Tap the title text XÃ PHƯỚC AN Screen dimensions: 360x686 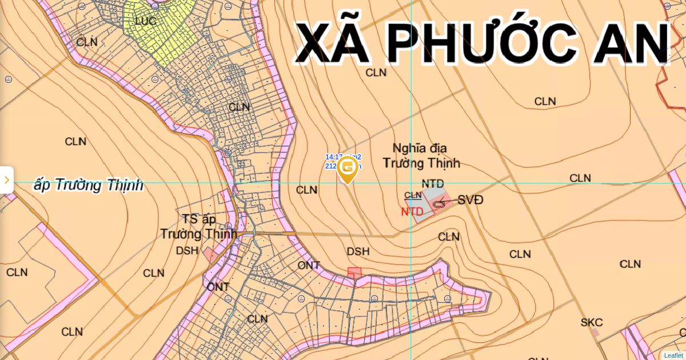pyautogui.click(x=482, y=43)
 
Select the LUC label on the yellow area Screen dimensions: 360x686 pyautogui.click(x=145, y=21)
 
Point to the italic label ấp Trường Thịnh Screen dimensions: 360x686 pyautogui.click(x=89, y=185)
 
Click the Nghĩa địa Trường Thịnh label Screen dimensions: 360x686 pyautogui.click(x=421, y=156)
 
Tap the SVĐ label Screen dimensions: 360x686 pyautogui.click(x=470, y=200)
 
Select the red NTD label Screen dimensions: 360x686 pyautogui.click(x=412, y=211)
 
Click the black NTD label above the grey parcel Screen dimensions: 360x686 pyautogui.click(x=433, y=183)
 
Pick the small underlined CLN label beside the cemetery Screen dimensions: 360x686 pyautogui.click(x=413, y=195)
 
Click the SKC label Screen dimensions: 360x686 pyautogui.click(x=592, y=322)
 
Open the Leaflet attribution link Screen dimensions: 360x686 pyautogui.click(x=673, y=355)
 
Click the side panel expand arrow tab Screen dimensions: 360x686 pyautogui.click(x=6, y=180)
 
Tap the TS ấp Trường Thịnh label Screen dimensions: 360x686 pyautogui.click(x=198, y=227)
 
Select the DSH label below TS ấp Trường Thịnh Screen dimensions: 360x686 pyautogui.click(x=187, y=250)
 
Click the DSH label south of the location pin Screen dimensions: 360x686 pyautogui.click(x=358, y=251)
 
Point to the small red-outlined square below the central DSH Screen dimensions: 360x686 pyautogui.click(x=354, y=272)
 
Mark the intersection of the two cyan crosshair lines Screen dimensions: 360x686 pyautogui.click(x=411, y=183)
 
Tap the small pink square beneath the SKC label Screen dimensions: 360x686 pyautogui.click(x=595, y=333)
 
